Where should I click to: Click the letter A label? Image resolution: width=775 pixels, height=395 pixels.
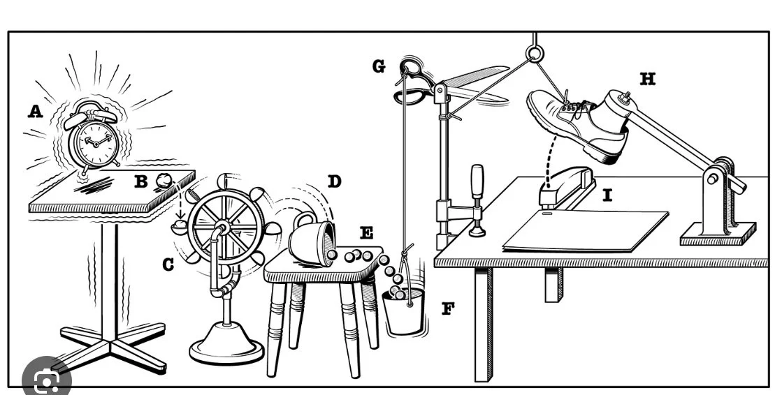coord(34,111)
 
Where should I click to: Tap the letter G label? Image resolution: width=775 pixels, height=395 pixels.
coord(379,66)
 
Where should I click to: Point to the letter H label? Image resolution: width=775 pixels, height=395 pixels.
coord(648,80)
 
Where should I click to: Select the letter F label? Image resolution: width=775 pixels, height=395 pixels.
coord(447,308)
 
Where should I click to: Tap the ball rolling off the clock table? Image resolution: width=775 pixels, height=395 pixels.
coord(164,180)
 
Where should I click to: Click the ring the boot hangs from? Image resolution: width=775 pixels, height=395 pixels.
coord(535,52)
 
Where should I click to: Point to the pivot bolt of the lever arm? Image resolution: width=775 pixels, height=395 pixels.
coord(712,179)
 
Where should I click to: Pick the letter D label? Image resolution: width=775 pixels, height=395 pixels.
coord(335,182)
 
